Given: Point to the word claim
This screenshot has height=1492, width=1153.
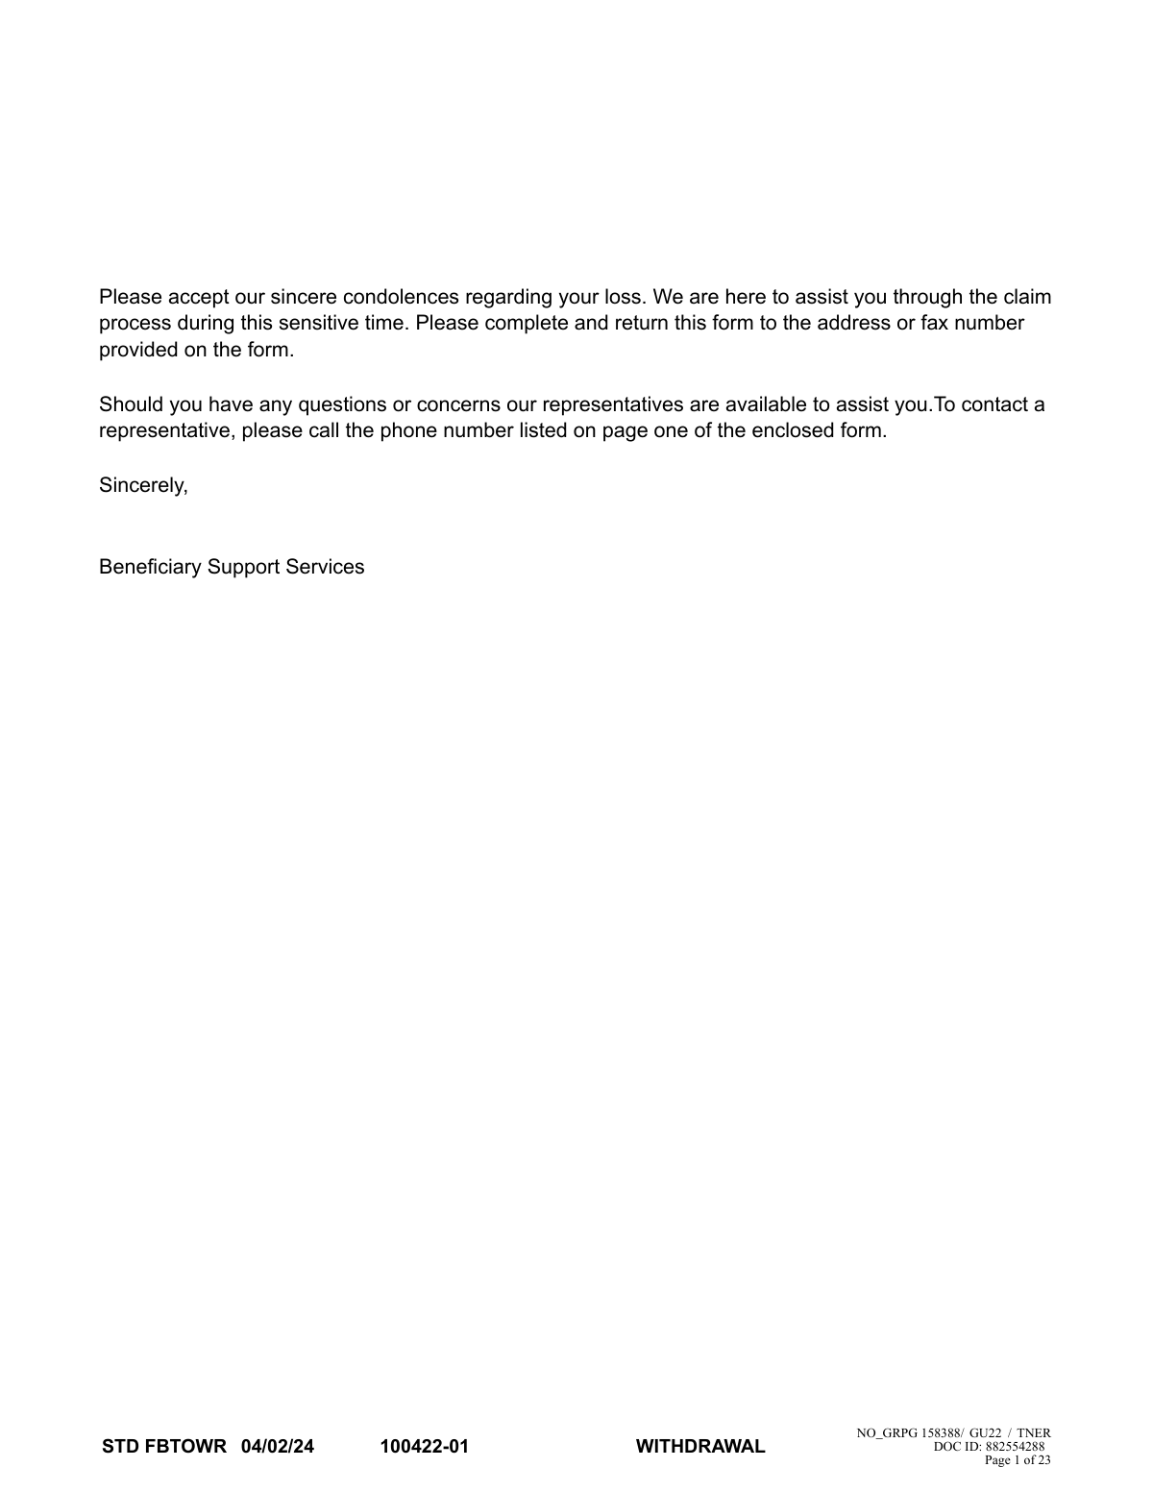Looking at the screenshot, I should pos(1027,296).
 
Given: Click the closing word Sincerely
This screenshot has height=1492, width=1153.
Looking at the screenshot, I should pos(143,485).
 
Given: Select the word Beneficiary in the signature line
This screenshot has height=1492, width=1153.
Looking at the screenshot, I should pos(150,567).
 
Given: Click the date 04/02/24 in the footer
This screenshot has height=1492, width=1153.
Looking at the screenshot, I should pos(278,1447).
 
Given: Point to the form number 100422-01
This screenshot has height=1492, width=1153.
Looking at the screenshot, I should pos(425,1447).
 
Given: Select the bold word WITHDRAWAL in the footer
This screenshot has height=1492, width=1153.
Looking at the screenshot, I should pos(700,1447).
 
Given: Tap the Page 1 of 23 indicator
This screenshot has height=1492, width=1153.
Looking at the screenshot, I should pos(1018,1460).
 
